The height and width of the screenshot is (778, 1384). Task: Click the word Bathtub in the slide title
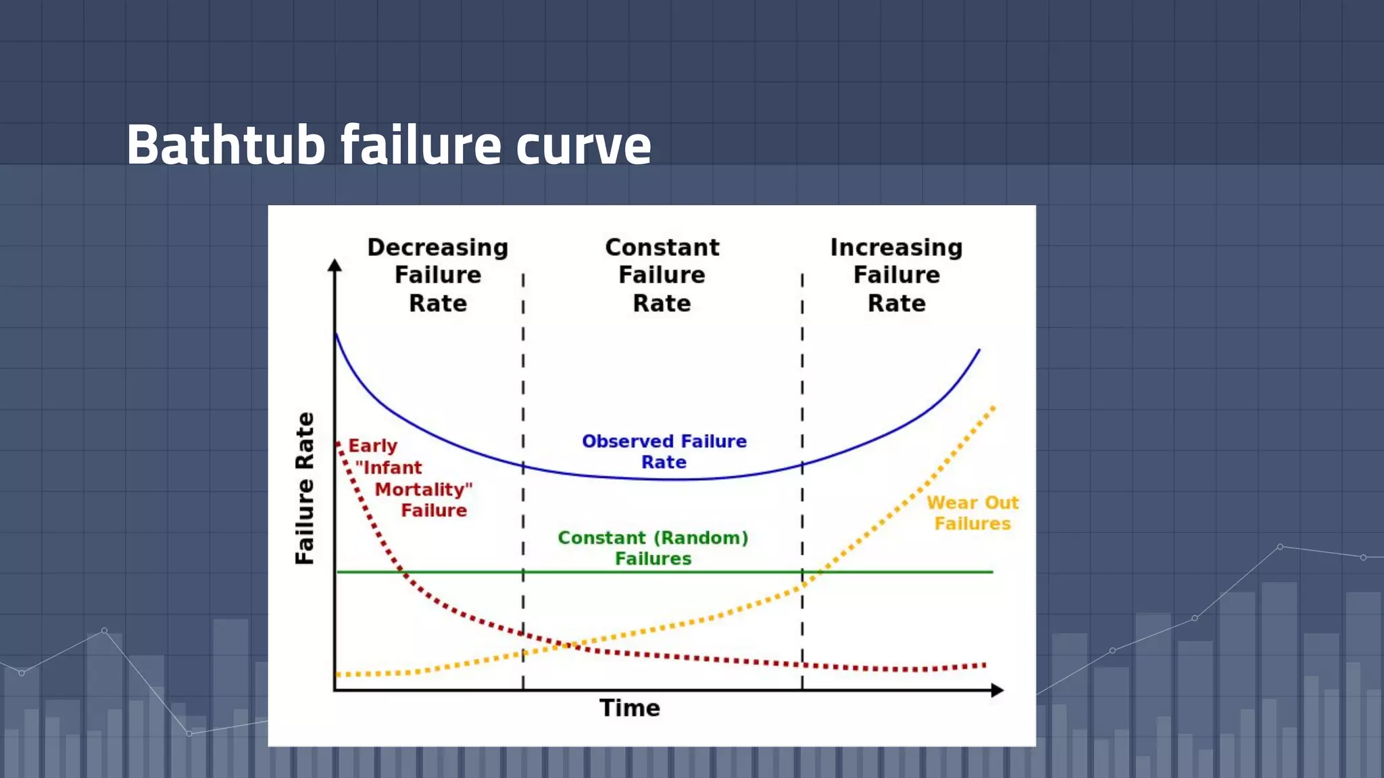tap(226, 145)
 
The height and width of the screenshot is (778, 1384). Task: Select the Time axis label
tap(629, 708)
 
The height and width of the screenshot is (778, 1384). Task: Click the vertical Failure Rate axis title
tap(305, 488)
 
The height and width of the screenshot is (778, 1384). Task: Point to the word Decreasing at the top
tap(437, 247)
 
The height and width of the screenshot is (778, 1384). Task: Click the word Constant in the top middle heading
tap(662, 247)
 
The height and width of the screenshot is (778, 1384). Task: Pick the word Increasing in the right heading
tap(896, 247)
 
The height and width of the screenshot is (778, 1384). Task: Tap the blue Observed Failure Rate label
tap(664, 451)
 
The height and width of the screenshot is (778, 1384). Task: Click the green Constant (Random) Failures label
tap(653, 548)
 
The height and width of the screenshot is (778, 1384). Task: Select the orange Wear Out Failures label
tap(972, 513)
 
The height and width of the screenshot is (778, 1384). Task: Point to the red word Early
tap(372, 446)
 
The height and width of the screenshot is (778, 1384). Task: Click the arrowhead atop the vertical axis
tap(335, 265)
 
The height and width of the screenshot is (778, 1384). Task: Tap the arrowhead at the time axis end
tap(997, 690)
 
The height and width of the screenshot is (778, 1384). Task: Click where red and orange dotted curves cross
tap(566, 646)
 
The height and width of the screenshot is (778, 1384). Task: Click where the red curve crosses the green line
tap(403, 572)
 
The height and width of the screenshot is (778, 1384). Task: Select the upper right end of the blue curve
tap(979, 350)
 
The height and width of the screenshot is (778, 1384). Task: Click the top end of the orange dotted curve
tap(993, 407)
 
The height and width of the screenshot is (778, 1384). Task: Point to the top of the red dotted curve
tap(337, 443)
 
